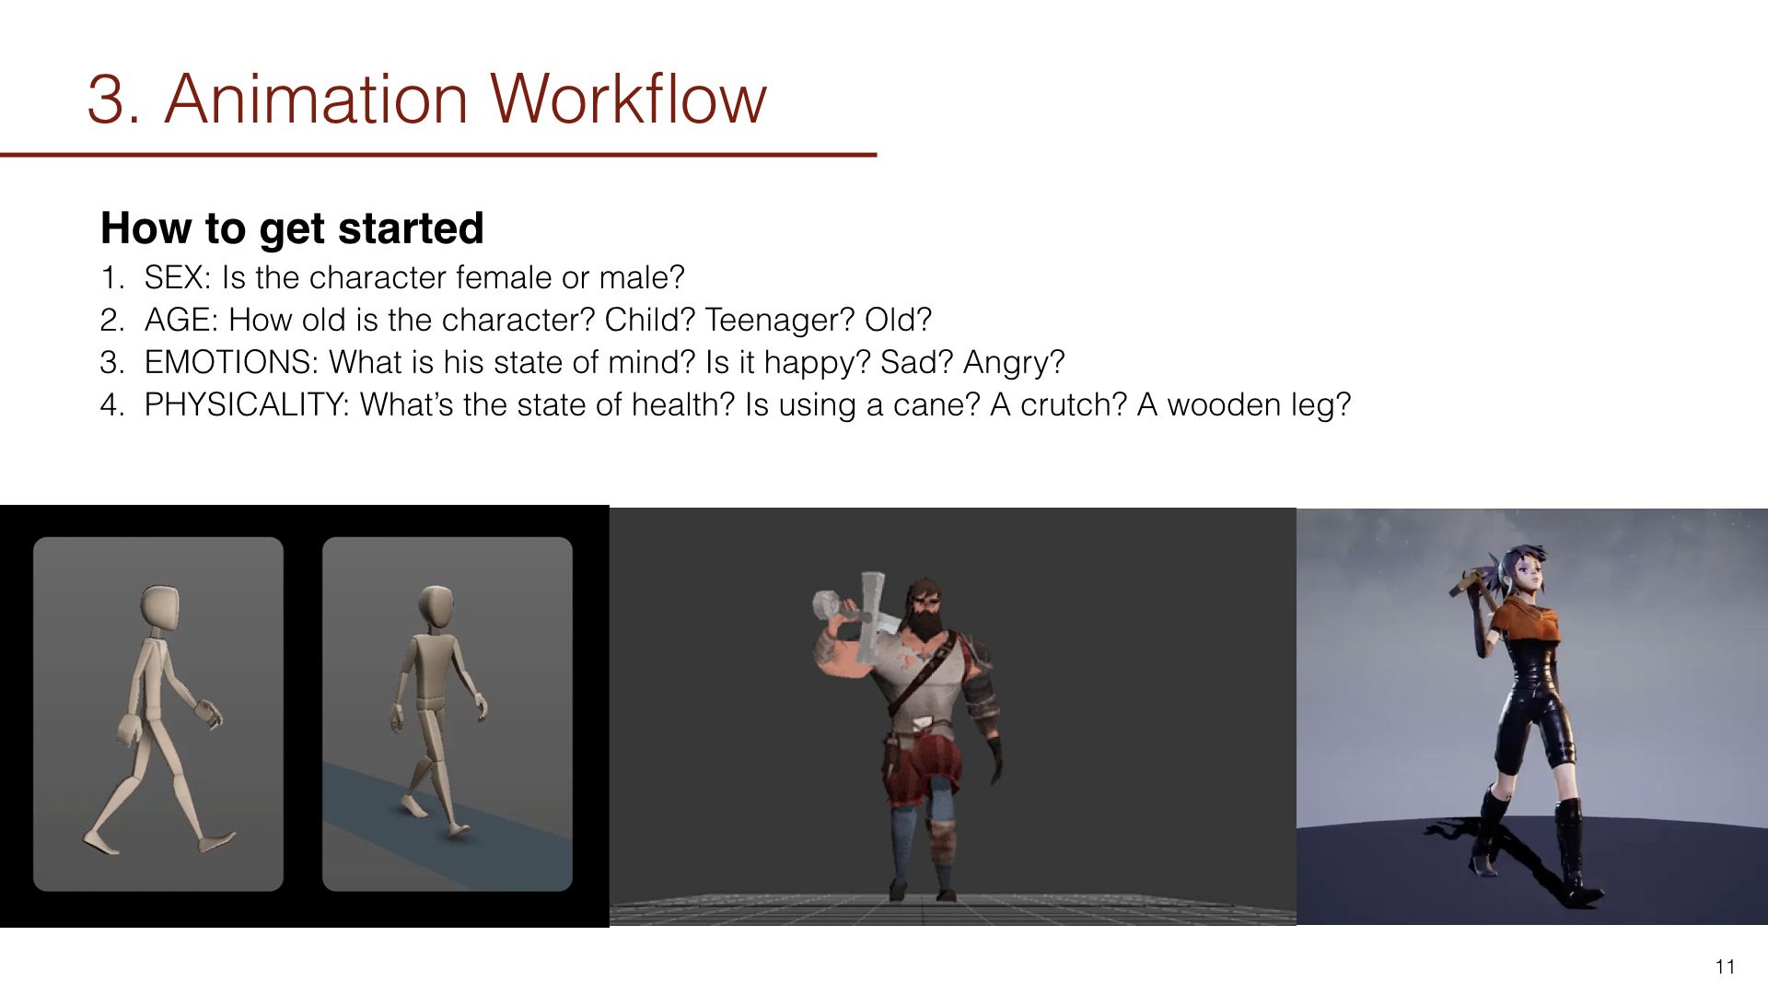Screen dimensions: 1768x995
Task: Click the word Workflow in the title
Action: click(x=628, y=99)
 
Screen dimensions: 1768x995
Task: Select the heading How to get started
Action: click(x=292, y=228)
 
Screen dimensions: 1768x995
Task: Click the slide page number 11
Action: click(x=1726, y=966)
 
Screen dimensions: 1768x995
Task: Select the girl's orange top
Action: click(x=1524, y=625)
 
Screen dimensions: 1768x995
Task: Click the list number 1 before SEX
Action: click(x=110, y=277)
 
